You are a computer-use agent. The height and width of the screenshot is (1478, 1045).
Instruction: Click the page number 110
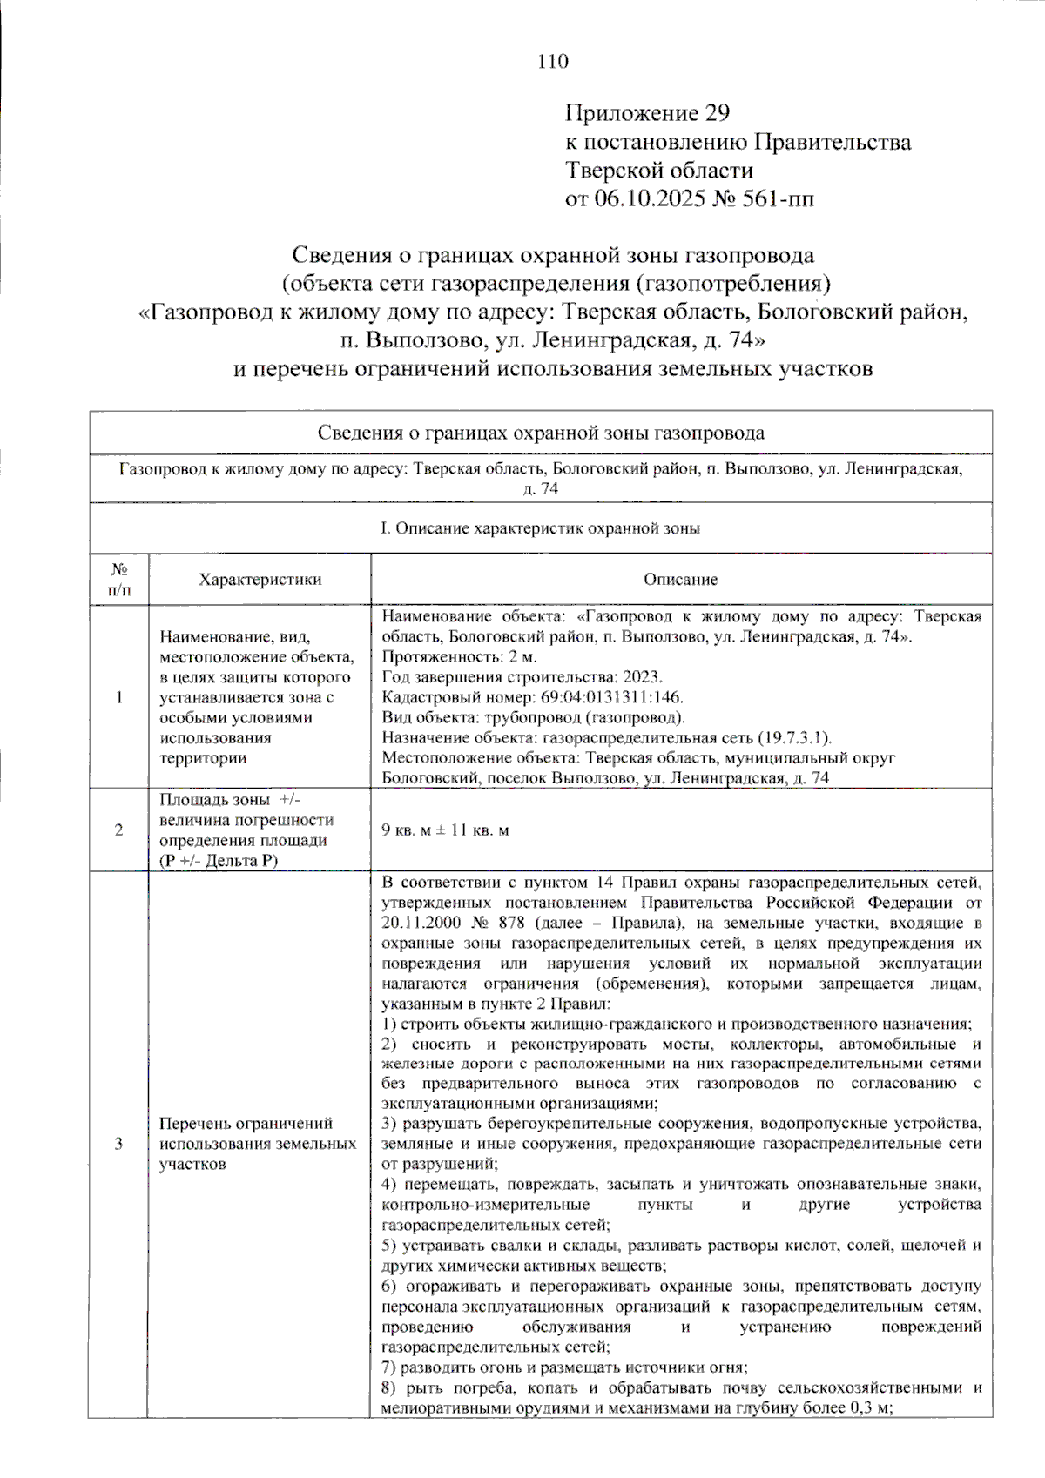pos(553,61)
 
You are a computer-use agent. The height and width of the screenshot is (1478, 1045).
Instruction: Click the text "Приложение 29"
pos(647,113)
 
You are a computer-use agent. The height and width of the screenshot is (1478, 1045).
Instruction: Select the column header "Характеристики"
pos(260,580)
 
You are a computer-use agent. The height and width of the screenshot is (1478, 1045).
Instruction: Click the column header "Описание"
pos(680,580)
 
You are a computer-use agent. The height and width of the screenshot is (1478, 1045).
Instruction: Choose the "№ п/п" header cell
pos(119,580)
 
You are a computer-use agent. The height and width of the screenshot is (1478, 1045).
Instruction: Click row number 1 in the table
pos(119,697)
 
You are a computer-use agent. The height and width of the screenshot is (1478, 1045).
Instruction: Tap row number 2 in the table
pos(119,830)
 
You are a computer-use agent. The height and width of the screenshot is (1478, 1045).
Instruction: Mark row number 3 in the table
pos(119,1144)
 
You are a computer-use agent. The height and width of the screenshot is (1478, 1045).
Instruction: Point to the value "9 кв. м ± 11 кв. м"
pos(445,830)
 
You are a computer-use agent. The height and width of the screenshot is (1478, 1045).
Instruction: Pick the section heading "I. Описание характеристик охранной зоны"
pos(540,528)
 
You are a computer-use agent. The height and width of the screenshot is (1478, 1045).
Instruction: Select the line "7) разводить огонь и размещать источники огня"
pos(564,1367)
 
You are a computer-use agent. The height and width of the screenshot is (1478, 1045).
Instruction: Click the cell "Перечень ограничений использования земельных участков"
pos(258,1144)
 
